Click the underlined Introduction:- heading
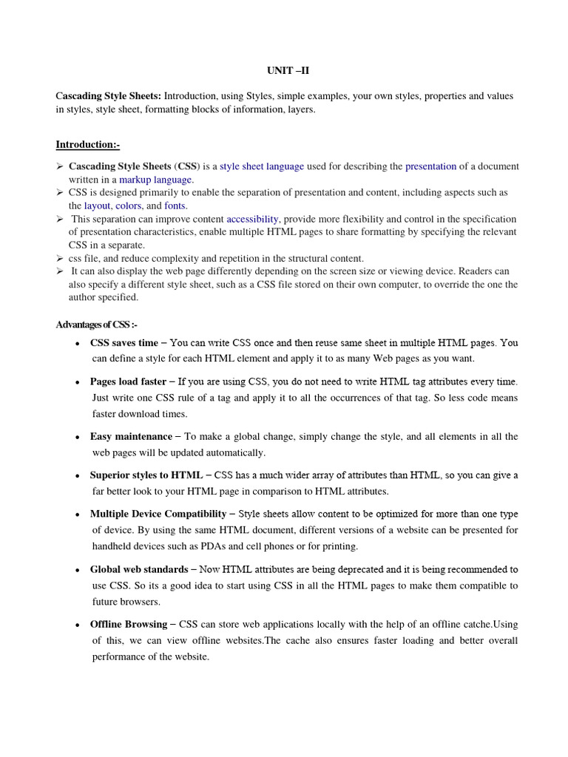88,144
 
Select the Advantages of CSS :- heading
97,325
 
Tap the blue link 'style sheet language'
262,166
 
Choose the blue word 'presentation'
431,166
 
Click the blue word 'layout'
98,206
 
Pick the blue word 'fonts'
175,206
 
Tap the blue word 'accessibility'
252,219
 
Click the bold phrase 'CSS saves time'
124,343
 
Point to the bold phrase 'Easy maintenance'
131,437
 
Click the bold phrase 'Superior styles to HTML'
146,475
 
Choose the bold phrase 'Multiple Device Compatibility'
158,514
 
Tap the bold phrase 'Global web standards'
139,569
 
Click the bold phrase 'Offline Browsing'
128,625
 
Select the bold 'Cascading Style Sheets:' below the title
109,97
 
